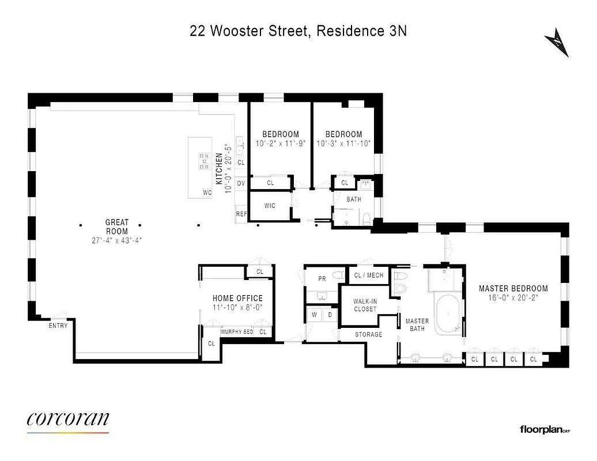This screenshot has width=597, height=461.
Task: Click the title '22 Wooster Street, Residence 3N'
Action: coord(298,31)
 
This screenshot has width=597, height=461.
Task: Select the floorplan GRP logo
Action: coord(544,429)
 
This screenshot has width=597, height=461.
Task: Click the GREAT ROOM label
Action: coord(116,226)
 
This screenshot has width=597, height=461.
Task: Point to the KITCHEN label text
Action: coord(219,169)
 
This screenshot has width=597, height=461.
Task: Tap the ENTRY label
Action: coord(58,326)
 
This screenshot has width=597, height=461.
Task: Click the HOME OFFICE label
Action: coord(237,298)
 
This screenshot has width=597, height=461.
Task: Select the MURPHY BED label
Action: coord(237,332)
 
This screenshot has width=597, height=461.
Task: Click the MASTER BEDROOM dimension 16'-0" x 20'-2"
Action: coord(513,298)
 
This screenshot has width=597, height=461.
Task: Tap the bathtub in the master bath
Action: coord(447,314)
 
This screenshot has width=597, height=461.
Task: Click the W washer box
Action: coord(314,315)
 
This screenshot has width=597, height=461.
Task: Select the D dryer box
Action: coord(330,315)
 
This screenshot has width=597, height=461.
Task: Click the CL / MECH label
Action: coord(368,275)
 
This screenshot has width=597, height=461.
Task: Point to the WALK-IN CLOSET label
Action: coord(365,305)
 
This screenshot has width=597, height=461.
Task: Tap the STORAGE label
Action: coord(368,334)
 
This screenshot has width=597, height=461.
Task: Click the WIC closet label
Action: coord(269,205)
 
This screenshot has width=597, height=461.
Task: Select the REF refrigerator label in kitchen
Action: coord(241,214)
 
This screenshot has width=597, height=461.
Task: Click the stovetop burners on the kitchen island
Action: coord(205,161)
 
